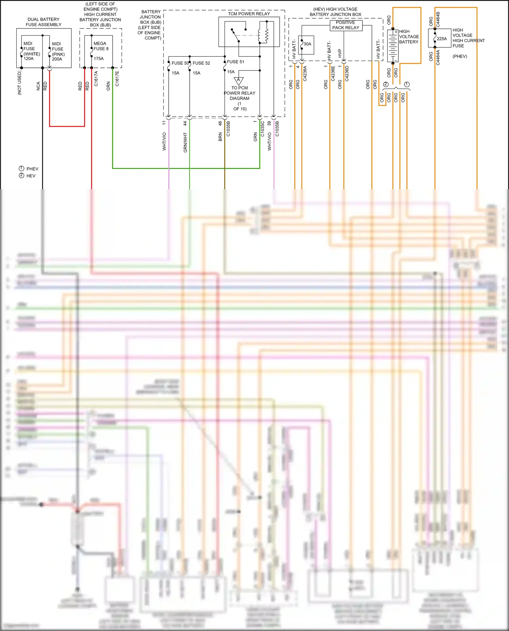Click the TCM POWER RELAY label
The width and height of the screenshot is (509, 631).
249,14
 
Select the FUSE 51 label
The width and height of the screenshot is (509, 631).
235,62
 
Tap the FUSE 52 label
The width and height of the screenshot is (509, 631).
201,63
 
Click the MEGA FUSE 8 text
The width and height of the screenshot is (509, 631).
101,46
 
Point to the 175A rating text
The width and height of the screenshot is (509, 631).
99,59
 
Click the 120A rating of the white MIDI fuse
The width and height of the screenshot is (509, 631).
29,59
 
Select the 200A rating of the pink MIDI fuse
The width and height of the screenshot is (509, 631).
57,59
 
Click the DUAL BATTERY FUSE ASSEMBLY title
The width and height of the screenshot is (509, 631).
43,22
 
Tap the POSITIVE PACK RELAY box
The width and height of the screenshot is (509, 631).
346,25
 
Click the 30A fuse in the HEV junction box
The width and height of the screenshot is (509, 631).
307,44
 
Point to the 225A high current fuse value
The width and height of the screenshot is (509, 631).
441,39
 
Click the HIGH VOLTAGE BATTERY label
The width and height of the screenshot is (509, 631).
409,37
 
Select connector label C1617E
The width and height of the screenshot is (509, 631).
117,78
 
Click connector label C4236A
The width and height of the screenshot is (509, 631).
305,74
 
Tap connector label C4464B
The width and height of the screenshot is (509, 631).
438,19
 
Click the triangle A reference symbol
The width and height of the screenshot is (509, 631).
239,81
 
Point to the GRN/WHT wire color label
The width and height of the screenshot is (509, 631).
185,142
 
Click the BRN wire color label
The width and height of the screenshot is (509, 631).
220,137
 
